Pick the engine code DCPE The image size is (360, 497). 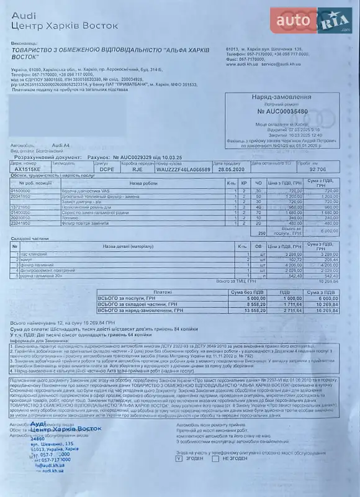[107, 168]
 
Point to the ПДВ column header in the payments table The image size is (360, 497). [283, 291]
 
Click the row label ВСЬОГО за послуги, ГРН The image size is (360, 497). [128, 298]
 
